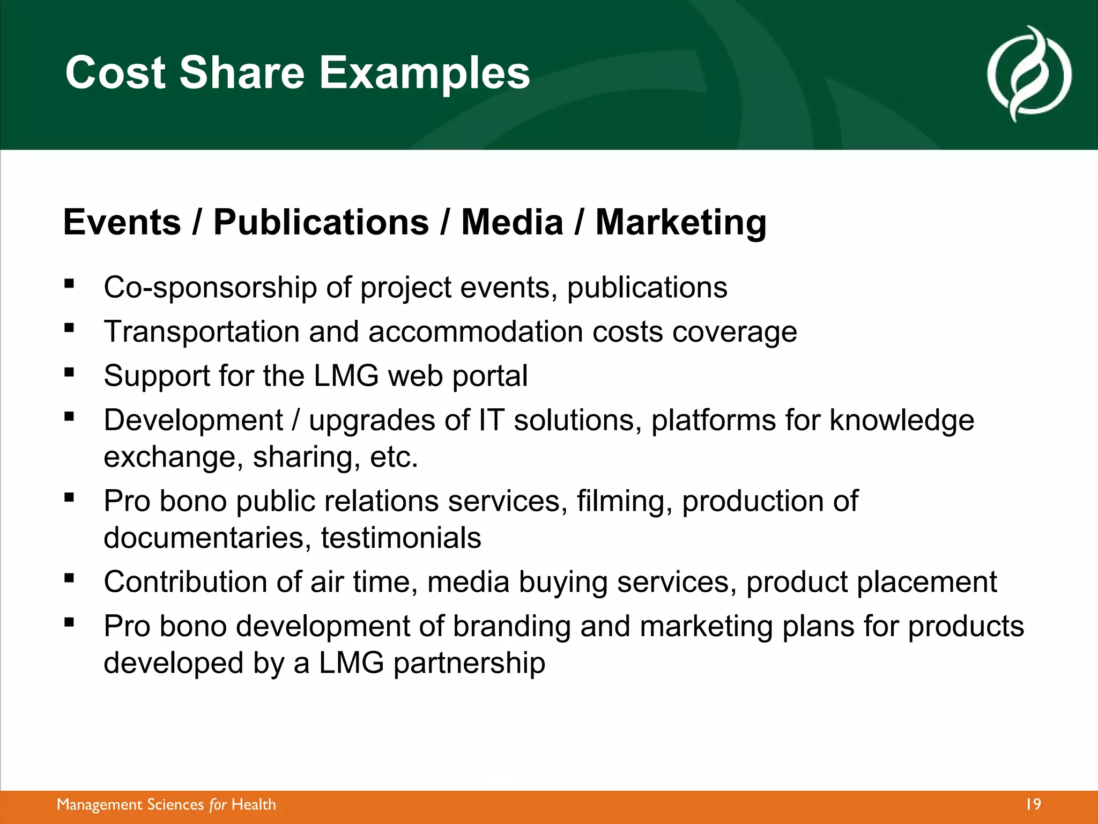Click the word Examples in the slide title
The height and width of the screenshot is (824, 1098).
[x=424, y=73]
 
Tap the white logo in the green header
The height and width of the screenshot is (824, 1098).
[x=1029, y=73]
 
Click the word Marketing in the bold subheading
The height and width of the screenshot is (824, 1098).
[x=680, y=223]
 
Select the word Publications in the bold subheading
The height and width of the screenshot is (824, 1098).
[x=321, y=223]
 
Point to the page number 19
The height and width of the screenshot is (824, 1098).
[x=1033, y=805]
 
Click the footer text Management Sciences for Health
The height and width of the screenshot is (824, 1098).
[x=166, y=805]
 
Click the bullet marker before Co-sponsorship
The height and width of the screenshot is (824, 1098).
[x=69, y=284]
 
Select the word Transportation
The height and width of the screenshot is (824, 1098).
[x=202, y=332]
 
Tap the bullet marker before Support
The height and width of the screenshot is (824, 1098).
[x=69, y=372]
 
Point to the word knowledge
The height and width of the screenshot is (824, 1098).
[x=902, y=420]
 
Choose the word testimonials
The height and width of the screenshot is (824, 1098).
[x=401, y=538]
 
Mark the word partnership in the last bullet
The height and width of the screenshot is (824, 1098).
[x=470, y=663]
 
